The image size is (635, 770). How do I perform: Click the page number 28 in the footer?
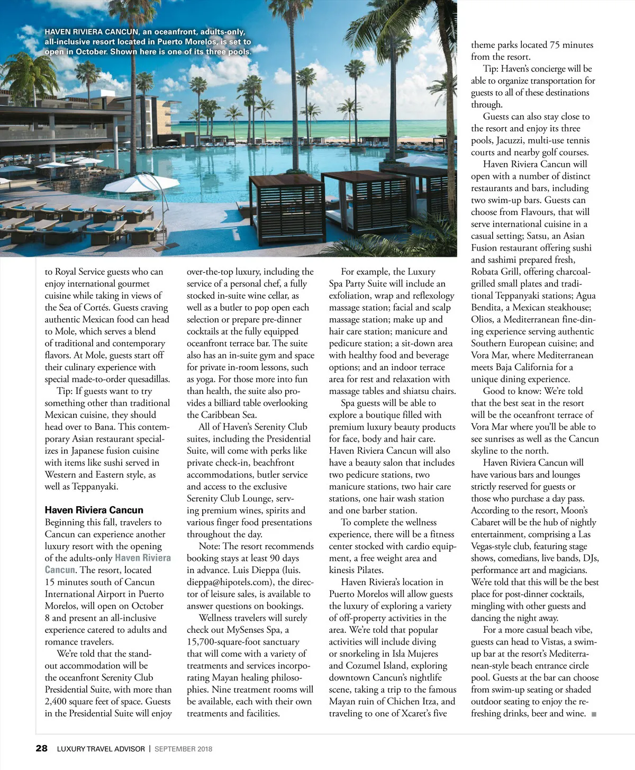click(x=41, y=748)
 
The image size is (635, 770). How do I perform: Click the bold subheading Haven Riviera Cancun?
click(x=94, y=510)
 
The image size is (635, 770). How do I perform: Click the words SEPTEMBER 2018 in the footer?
click(x=183, y=749)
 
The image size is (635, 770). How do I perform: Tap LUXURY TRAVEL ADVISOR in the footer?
click(x=101, y=749)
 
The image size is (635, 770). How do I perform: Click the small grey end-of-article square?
click(x=594, y=714)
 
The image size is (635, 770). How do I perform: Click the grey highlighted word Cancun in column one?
click(x=60, y=570)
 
